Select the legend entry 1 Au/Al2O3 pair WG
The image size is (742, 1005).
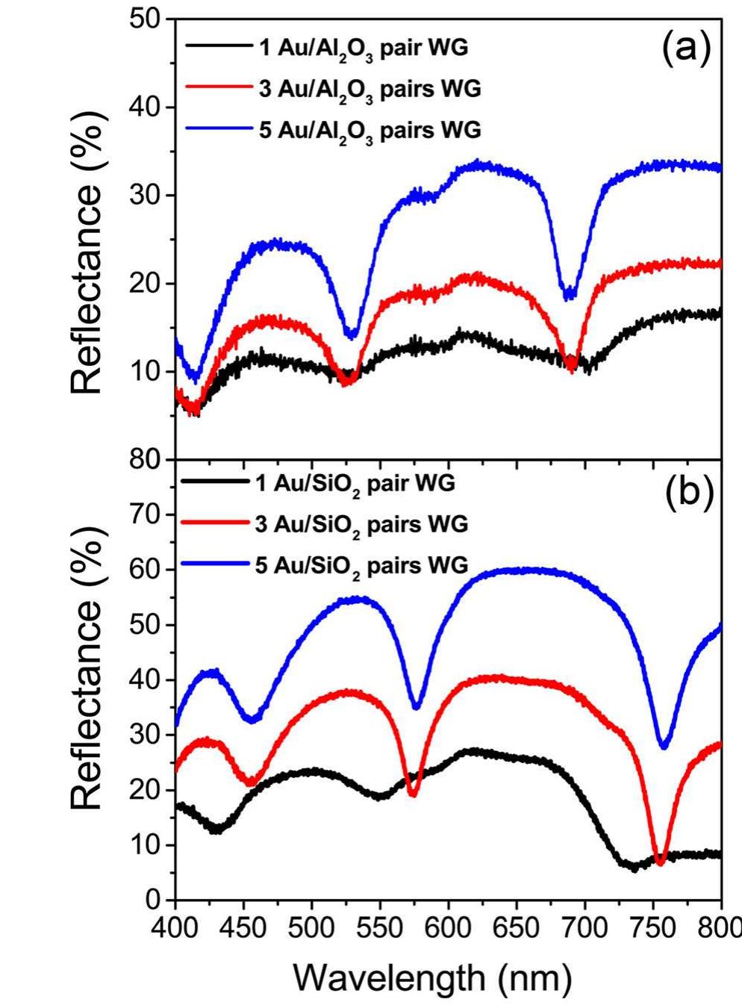point(372,49)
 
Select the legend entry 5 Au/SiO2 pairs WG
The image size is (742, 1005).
point(371,564)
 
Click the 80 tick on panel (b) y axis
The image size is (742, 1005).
point(145,459)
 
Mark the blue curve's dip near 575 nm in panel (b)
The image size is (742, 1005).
point(417,706)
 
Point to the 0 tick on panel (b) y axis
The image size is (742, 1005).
point(155,900)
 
